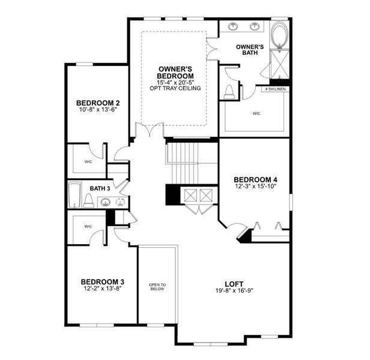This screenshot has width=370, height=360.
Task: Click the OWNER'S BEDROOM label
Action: coord(175,73)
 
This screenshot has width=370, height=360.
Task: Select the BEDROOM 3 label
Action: coord(102,281)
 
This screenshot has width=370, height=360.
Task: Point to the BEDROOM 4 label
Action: coord(255,179)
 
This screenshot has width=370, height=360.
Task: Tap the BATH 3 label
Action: coord(100,188)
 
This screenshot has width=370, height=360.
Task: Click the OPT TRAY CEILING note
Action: coord(175,88)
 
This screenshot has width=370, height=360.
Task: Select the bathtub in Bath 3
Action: coord(74,195)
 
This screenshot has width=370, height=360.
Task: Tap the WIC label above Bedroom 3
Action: coord(88,226)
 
